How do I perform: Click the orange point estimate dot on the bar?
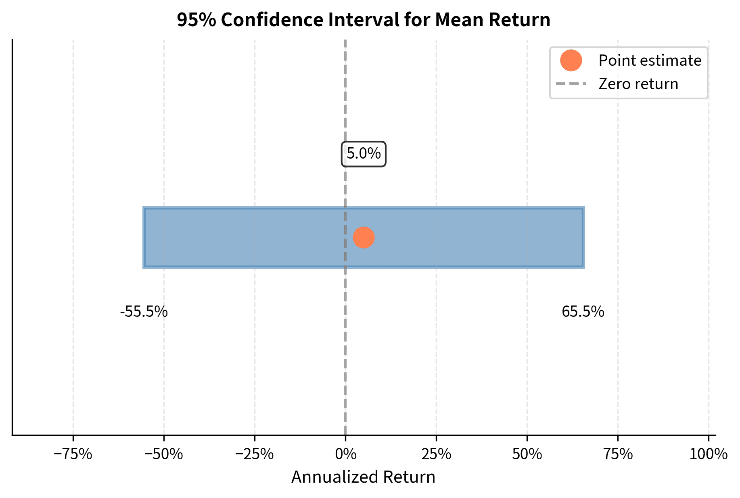coord(364,238)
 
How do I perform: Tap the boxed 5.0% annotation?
coord(364,154)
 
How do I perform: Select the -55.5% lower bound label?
coord(144,312)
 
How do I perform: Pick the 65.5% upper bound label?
coord(583,312)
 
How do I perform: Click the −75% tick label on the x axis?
coord(73,454)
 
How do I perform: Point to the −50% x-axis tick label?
coord(164,454)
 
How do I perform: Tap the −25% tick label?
coord(255,454)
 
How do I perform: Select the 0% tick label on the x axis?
coord(346,454)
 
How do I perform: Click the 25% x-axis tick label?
coord(436,454)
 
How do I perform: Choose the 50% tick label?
coord(527,454)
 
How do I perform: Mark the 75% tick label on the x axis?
coord(618,454)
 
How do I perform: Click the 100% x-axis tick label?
coord(708,454)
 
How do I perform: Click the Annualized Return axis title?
coord(363,477)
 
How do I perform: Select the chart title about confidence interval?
coord(363,20)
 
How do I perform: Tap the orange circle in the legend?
coord(571,61)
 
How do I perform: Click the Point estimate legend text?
coord(650,61)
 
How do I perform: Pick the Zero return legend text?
coord(638,84)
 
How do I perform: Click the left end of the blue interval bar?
coord(144,238)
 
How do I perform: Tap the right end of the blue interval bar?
coord(583,238)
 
